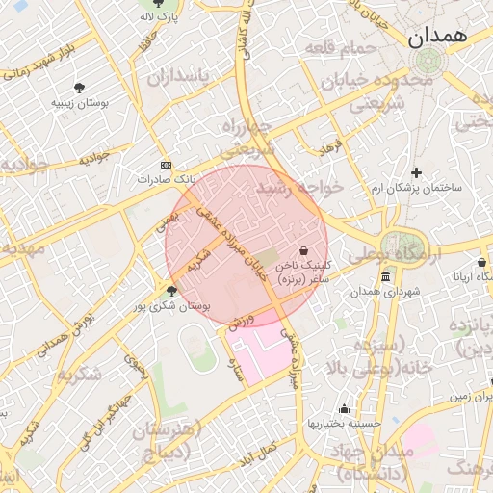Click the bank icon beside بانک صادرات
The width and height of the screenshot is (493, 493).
(166, 165)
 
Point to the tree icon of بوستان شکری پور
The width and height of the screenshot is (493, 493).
(171, 291)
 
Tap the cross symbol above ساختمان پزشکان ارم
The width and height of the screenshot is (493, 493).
(417, 172)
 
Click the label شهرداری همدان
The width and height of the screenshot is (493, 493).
(385, 291)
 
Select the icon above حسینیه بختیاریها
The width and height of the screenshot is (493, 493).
(344, 408)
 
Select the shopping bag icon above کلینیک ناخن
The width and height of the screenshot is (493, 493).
(304, 248)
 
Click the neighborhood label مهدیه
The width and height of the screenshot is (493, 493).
(21, 248)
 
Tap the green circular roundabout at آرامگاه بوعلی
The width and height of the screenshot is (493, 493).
(398, 246)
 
